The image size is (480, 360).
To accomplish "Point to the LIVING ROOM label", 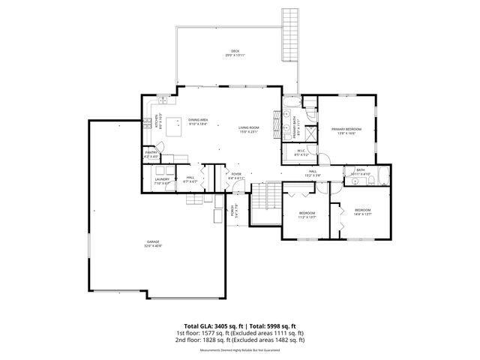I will coord(248,130).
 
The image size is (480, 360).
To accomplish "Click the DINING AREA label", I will coord(198,122).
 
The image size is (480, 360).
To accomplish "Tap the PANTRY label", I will coord(151,154).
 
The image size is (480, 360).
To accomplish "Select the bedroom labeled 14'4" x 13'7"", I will coord(363,211).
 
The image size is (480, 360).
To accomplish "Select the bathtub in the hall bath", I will coord(382,175).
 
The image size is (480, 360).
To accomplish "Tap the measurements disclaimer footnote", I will coord(239,350).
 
